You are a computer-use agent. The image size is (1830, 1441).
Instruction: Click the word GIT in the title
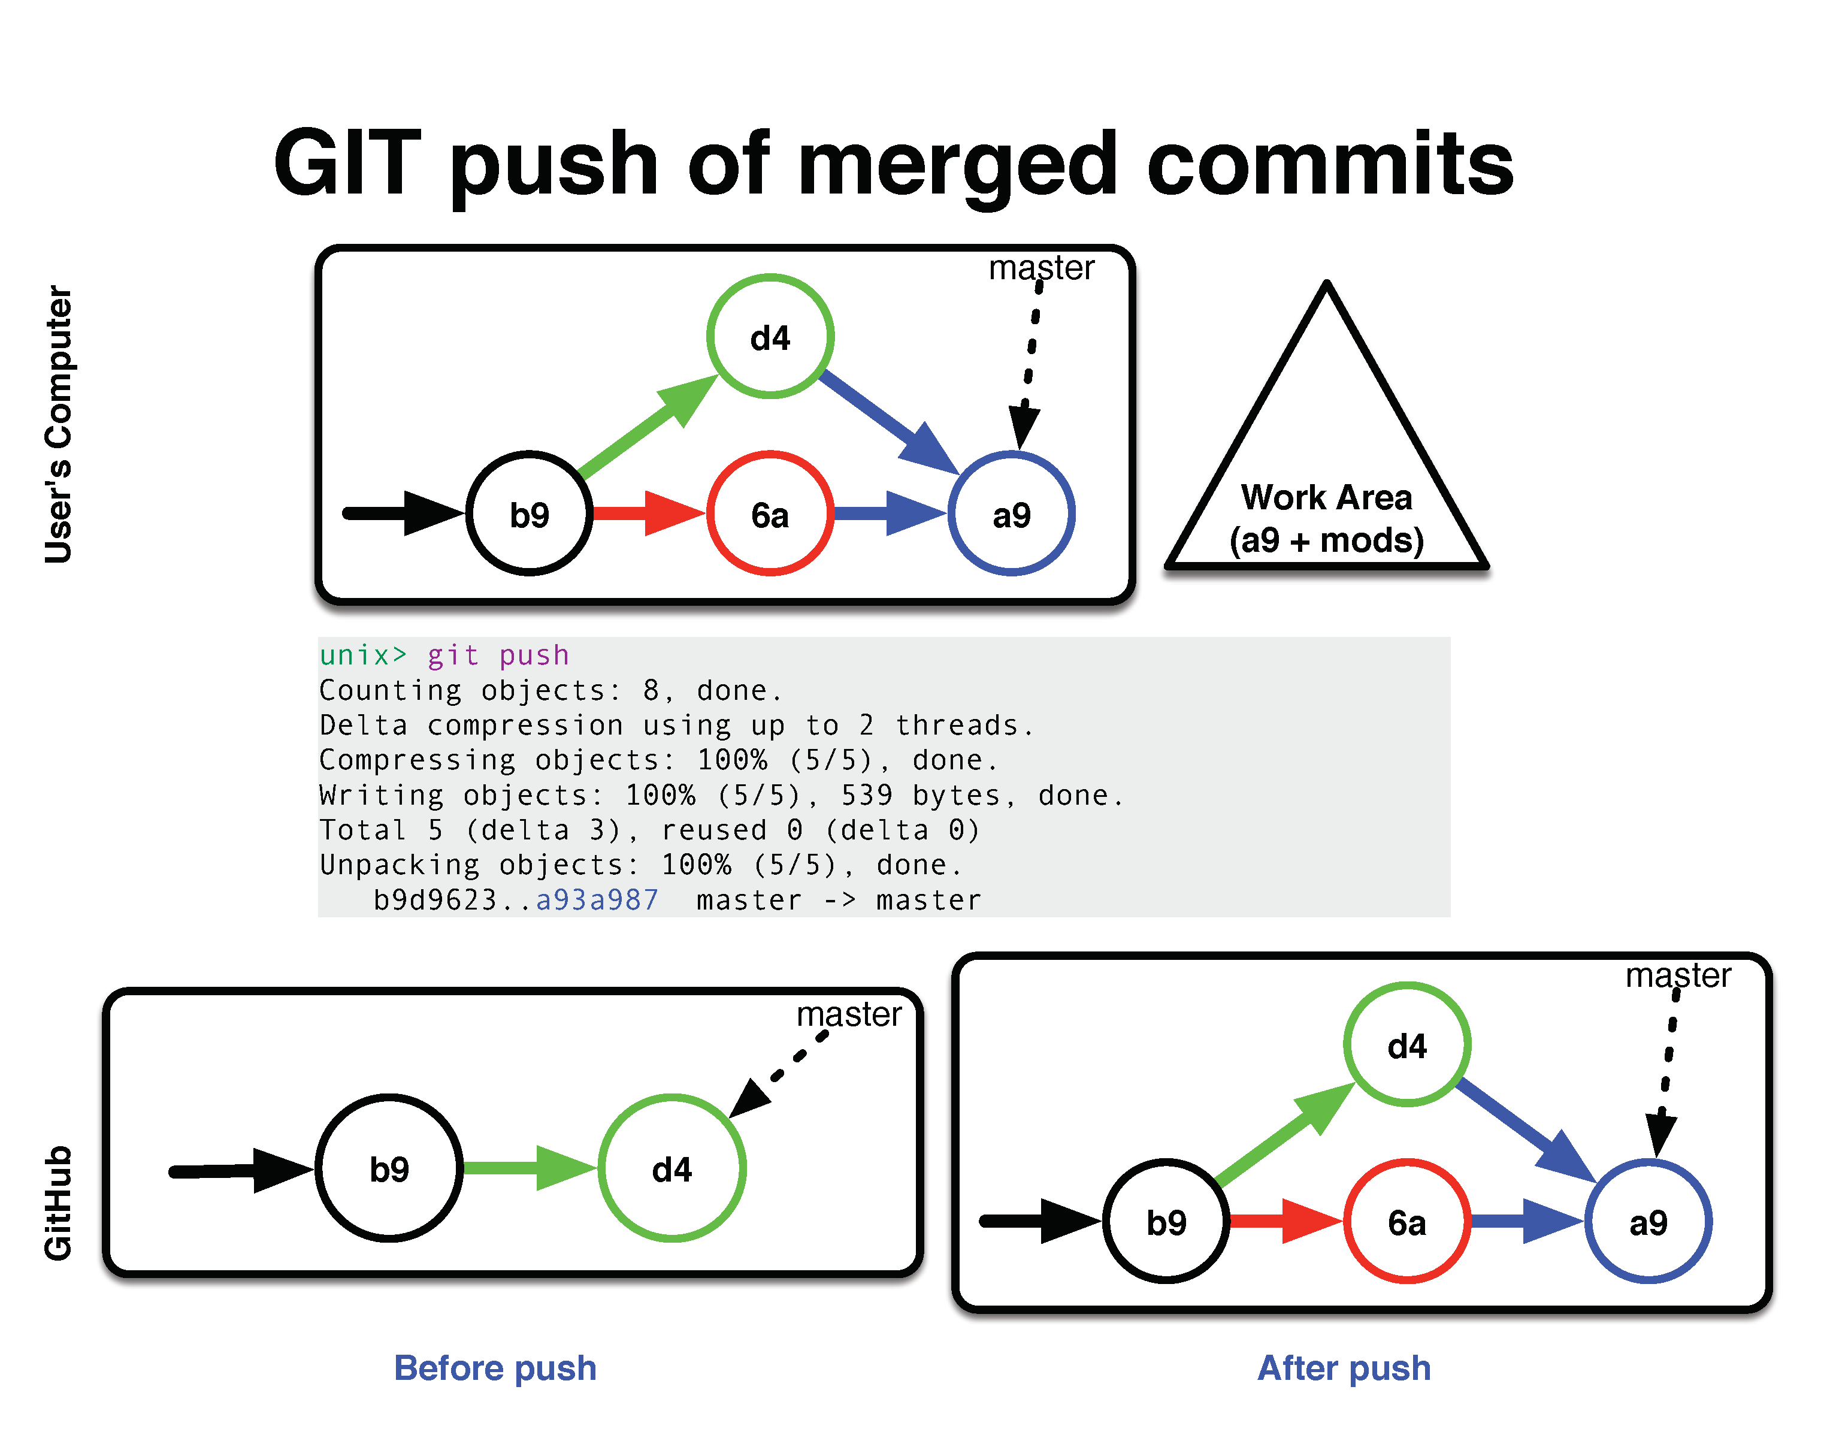click(x=347, y=163)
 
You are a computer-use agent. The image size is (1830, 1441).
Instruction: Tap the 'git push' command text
click(x=498, y=655)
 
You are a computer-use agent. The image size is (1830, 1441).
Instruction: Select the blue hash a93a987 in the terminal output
click(x=597, y=899)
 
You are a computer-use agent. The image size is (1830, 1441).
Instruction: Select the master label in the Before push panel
click(x=849, y=1014)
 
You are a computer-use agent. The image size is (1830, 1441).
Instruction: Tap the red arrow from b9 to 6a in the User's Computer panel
click(x=648, y=513)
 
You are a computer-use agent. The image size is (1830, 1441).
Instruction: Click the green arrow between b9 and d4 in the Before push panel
click(x=530, y=1168)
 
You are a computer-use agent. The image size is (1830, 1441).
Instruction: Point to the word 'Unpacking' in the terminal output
click(x=400, y=866)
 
